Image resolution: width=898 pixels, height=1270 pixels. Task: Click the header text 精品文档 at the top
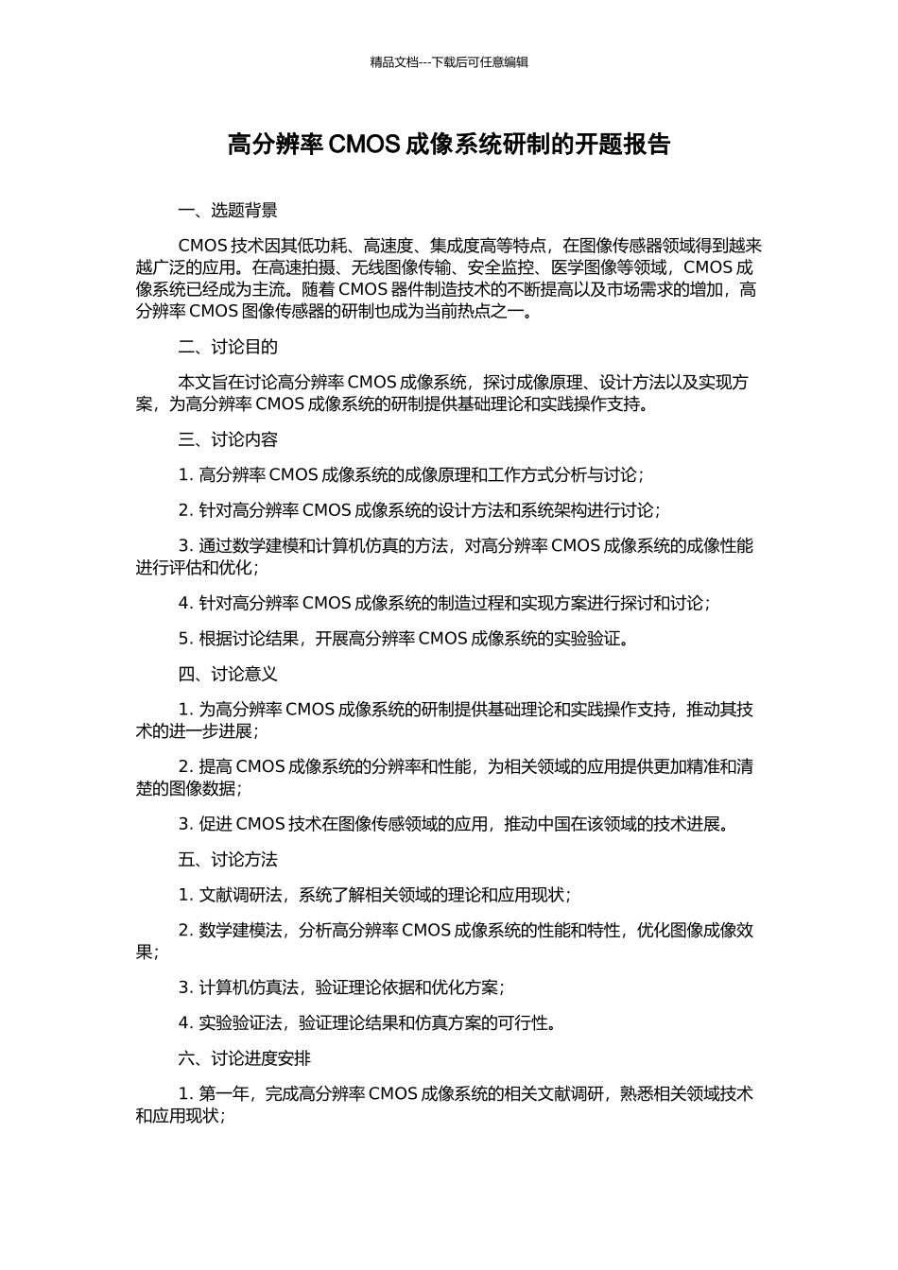pyautogui.click(x=393, y=62)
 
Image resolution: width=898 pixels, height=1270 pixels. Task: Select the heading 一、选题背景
pyautogui.click(x=228, y=211)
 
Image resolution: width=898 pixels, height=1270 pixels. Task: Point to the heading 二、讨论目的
pyautogui.click(x=228, y=347)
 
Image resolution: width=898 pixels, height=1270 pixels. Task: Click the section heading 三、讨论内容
pyautogui.click(x=228, y=439)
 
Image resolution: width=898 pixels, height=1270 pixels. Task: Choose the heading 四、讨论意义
pyautogui.click(x=228, y=674)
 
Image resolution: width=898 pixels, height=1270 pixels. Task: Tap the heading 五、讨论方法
pyautogui.click(x=228, y=859)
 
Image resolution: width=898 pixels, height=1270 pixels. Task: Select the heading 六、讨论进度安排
pyautogui.click(x=245, y=1058)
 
